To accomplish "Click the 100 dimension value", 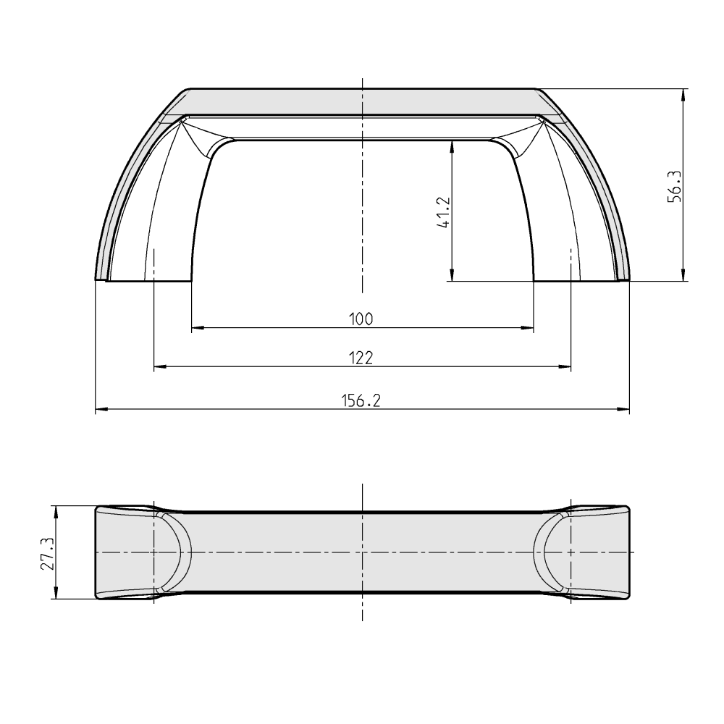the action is (361, 319).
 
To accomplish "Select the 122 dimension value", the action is (361, 358).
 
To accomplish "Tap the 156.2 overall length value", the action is (361, 400).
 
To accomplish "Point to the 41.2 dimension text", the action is (443, 212).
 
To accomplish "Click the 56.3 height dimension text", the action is (674, 187).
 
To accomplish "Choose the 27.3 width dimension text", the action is (48, 553).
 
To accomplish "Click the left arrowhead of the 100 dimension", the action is (198, 328).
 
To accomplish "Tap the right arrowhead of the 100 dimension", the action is (527, 328).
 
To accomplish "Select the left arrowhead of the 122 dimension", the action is (160, 366).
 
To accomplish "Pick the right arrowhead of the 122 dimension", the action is (565, 366).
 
